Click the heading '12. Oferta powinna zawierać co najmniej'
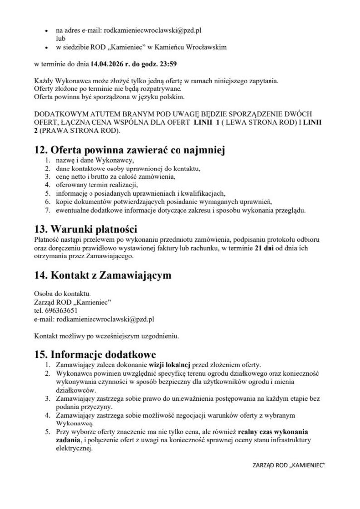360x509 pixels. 127,149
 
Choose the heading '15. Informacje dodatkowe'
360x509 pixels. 94,354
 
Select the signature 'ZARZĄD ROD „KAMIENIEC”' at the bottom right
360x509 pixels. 289,466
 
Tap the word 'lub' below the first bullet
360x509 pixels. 60,38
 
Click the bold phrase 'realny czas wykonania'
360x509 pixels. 273,431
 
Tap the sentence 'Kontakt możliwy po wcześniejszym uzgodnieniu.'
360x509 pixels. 106,336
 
